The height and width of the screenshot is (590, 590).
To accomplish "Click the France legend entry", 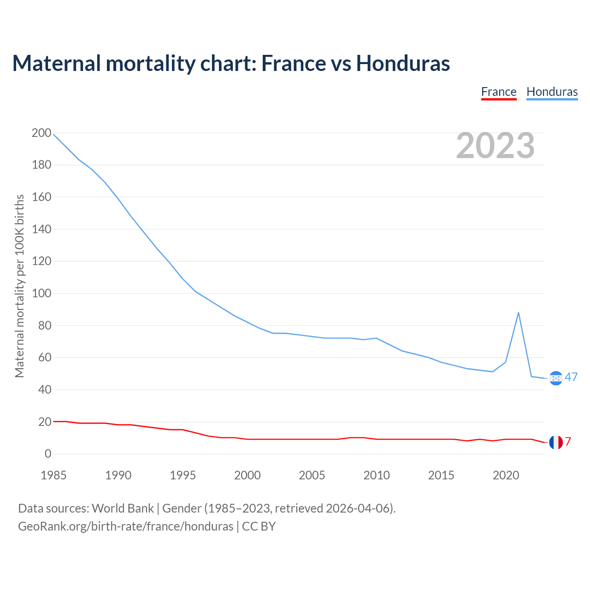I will [x=499, y=92].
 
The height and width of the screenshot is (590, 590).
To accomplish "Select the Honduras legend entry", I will [x=552, y=92].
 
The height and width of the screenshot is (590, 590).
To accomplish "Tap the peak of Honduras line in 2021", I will [x=519, y=313].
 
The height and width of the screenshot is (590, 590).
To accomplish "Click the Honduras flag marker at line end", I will [x=556, y=378].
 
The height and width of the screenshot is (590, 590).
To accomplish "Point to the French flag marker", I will [x=556, y=442].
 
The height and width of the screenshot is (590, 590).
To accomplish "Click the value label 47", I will [x=571, y=377].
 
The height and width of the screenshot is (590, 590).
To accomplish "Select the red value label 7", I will [x=568, y=442].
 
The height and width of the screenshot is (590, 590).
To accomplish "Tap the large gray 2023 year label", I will [x=496, y=146].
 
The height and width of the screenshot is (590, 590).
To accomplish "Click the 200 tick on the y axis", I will [x=41, y=133].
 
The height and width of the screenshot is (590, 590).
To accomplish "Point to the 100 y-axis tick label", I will [x=41, y=294].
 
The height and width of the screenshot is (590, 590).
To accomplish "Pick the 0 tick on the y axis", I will [x=48, y=454].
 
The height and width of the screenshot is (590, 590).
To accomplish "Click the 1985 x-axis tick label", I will [x=53, y=475].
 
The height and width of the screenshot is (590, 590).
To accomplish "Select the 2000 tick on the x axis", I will [x=248, y=475].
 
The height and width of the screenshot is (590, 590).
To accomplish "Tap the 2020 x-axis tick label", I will [x=506, y=475].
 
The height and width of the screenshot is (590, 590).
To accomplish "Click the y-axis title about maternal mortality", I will [x=19, y=286].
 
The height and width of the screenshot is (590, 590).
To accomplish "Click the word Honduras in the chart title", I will [x=403, y=63].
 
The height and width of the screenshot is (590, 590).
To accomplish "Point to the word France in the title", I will [x=293, y=63].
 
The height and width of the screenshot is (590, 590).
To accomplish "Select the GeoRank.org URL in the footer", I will [x=125, y=526].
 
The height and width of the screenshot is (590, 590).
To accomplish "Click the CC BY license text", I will [x=259, y=526].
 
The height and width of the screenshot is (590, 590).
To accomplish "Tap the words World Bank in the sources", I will [x=123, y=508].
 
